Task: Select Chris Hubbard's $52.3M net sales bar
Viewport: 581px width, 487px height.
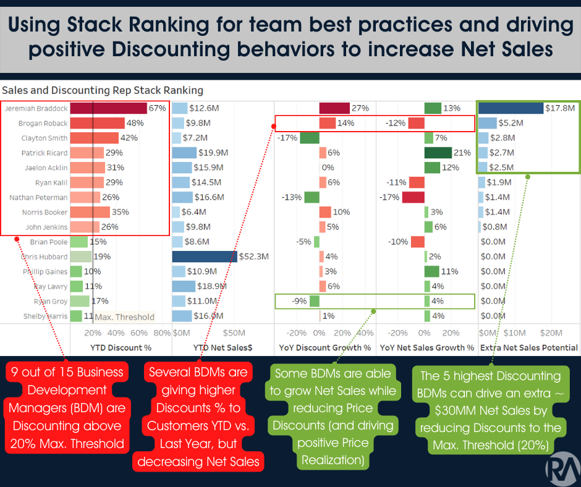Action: coord(205,256)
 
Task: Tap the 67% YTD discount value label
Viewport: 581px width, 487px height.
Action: coord(158,108)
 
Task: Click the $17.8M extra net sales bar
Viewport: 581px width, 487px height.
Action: coord(511,108)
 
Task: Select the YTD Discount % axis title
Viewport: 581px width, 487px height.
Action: coord(121,347)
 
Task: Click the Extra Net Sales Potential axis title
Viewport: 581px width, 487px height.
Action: coord(528,347)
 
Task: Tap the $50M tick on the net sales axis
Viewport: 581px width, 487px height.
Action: coord(234,333)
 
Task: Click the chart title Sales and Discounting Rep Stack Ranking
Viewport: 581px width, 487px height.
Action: coord(103,90)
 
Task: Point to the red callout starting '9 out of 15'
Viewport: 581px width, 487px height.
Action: coord(67,408)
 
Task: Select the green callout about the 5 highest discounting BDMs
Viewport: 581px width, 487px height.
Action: coord(491,410)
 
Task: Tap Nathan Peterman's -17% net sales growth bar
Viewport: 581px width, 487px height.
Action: coord(413,197)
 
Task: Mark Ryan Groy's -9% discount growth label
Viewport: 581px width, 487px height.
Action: coord(300,301)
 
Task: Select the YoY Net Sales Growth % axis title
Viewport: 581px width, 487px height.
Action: coord(426,347)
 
